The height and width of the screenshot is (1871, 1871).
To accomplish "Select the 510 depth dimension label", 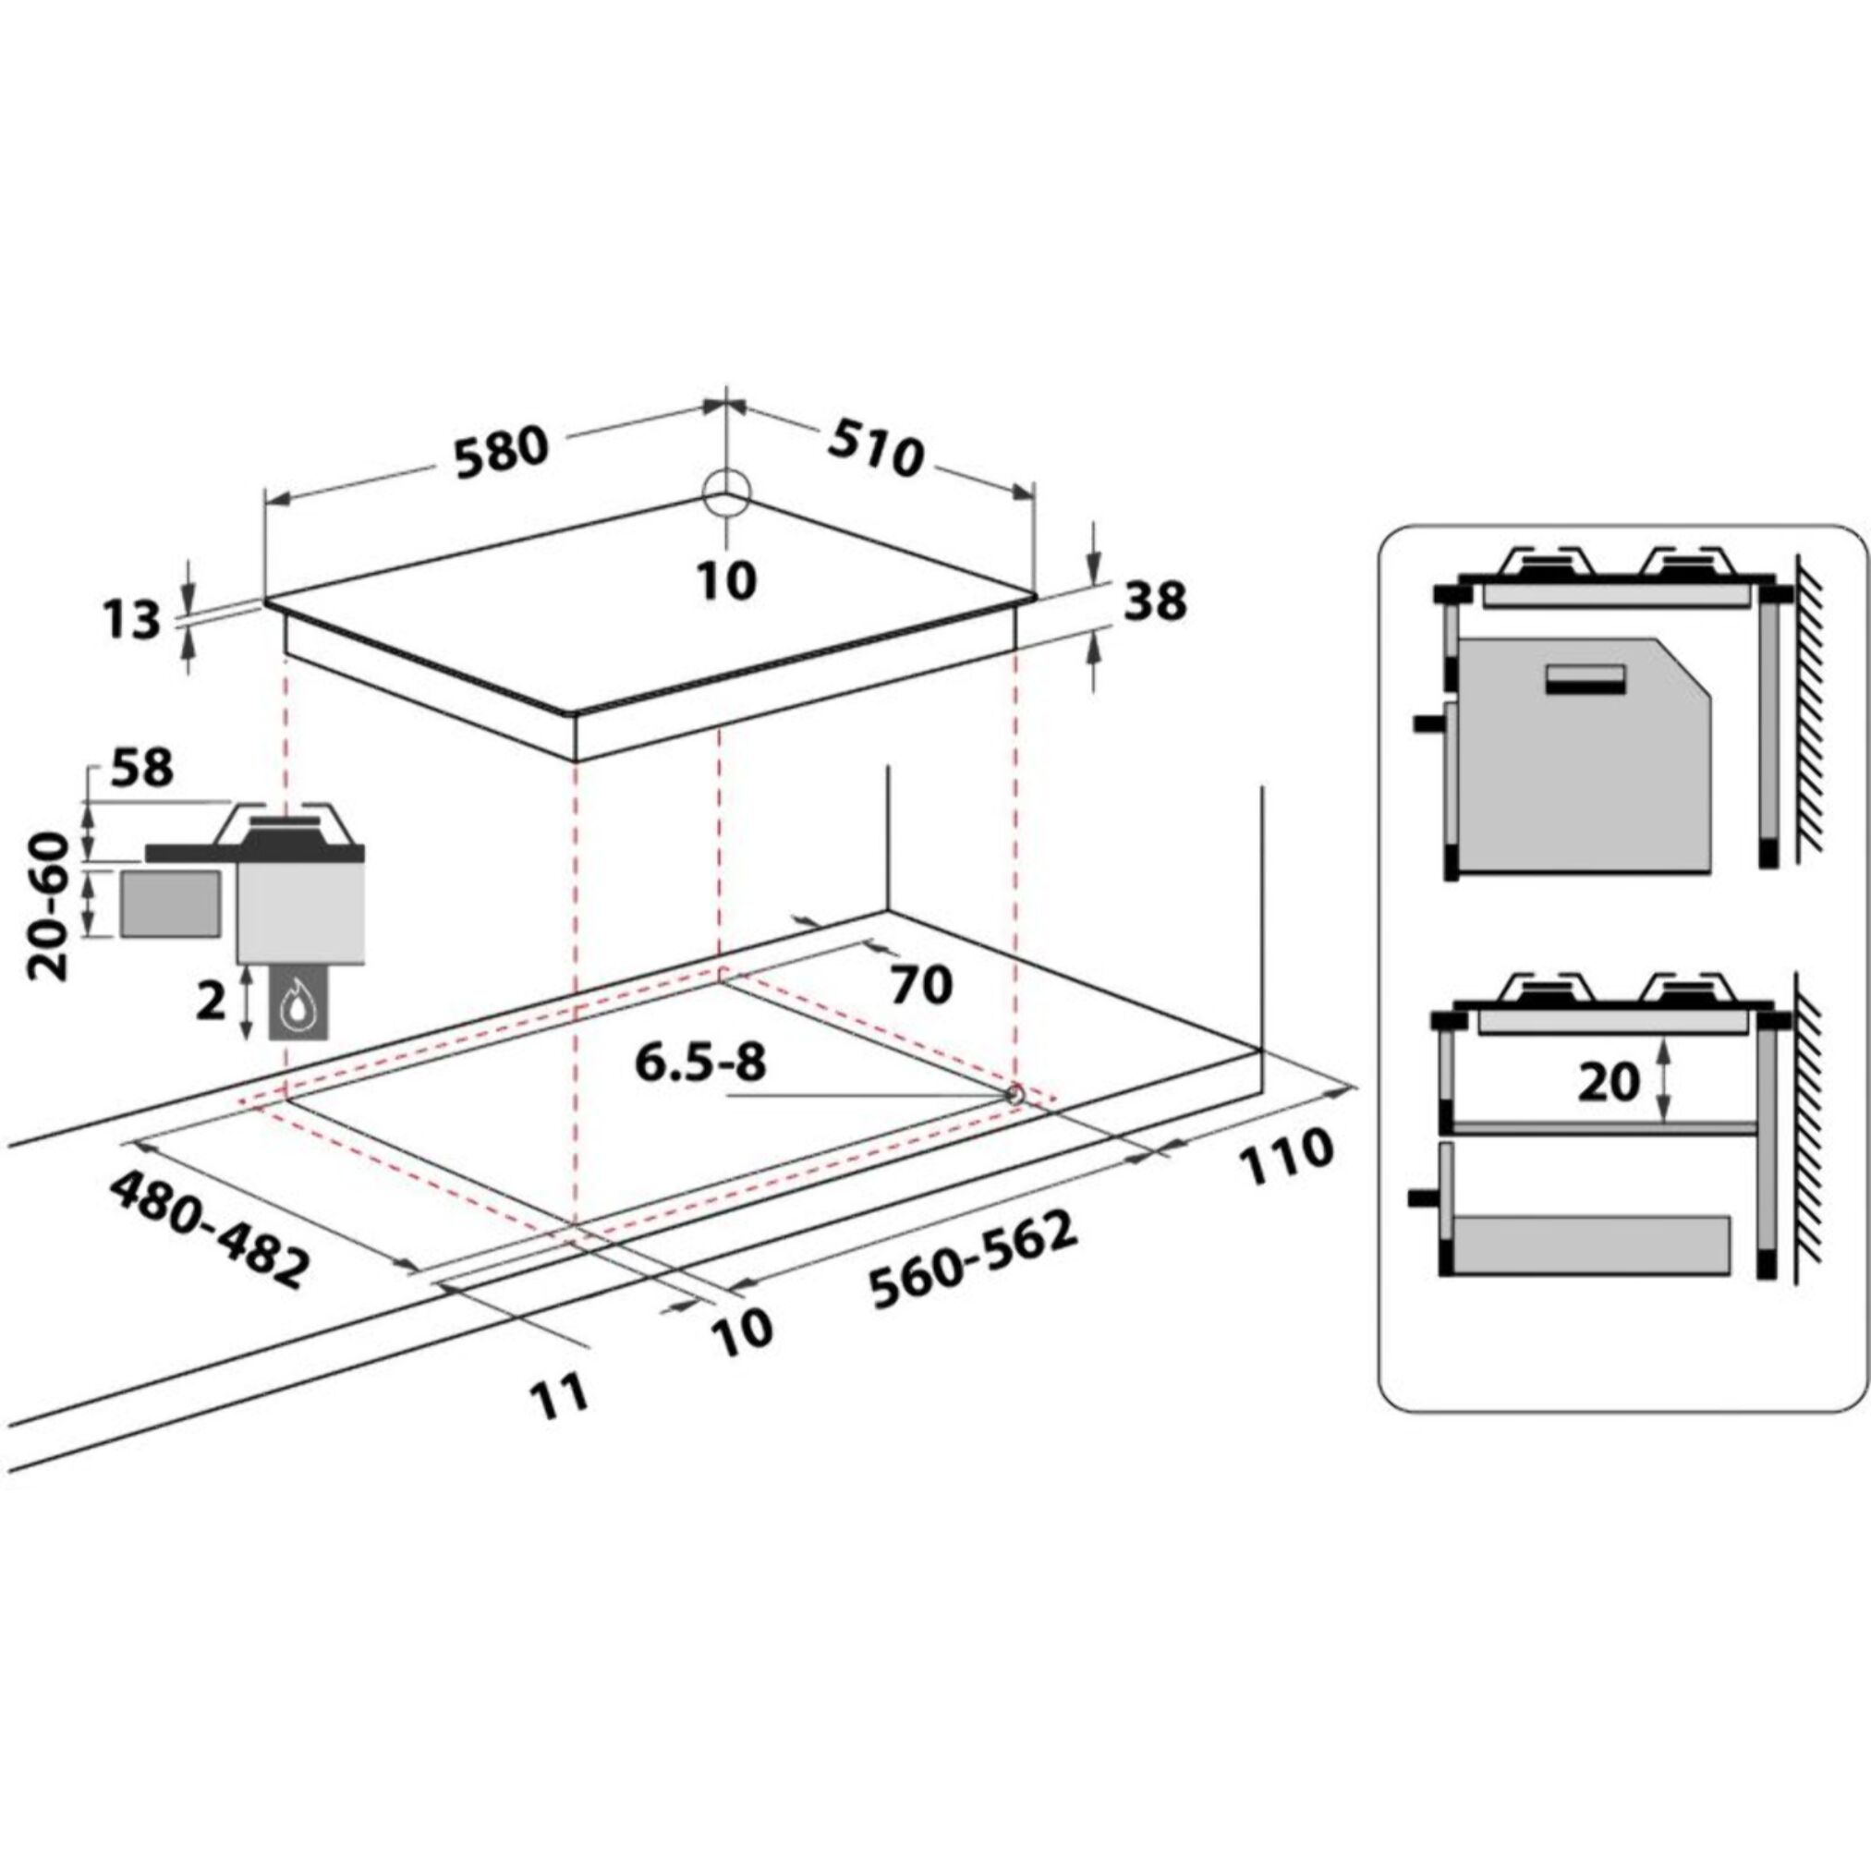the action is tap(874, 448).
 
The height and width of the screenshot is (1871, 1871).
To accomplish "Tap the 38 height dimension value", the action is tap(1155, 603).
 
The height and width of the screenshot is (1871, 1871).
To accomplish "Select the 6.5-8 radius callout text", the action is tap(700, 1063).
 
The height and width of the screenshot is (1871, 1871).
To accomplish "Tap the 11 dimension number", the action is tap(560, 1395).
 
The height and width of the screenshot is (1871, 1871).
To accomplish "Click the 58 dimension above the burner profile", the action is tap(142, 768).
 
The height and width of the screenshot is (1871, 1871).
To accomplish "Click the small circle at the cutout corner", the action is tap(1014, 1094).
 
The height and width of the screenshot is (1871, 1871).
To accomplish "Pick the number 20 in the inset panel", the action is tap(1609, 1083).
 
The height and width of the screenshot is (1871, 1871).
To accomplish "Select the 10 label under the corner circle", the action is tap(726, 581).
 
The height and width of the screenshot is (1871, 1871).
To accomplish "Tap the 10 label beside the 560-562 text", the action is tap(742, 1331).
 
